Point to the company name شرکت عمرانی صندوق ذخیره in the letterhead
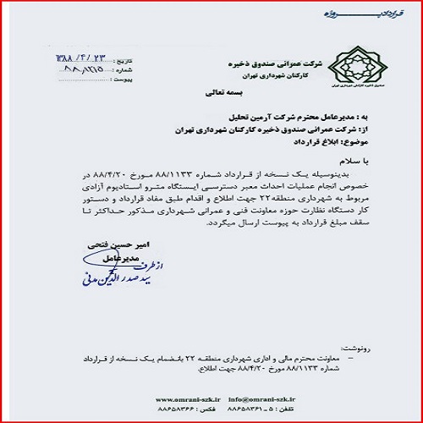coord(268,63)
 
